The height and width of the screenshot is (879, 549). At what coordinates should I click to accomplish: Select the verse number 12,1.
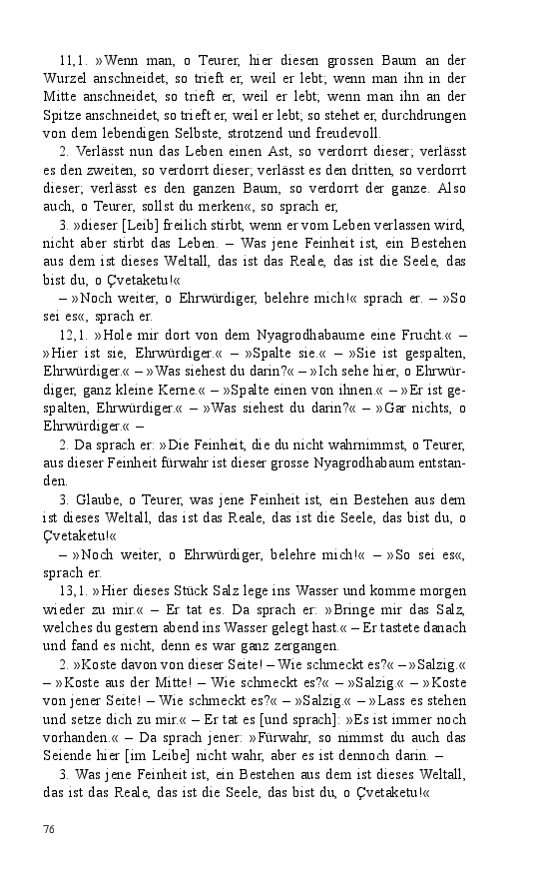pos(75,338)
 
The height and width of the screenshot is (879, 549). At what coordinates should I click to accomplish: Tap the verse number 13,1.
pos(75,591)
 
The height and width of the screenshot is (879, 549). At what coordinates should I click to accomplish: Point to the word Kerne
pos(185,392)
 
